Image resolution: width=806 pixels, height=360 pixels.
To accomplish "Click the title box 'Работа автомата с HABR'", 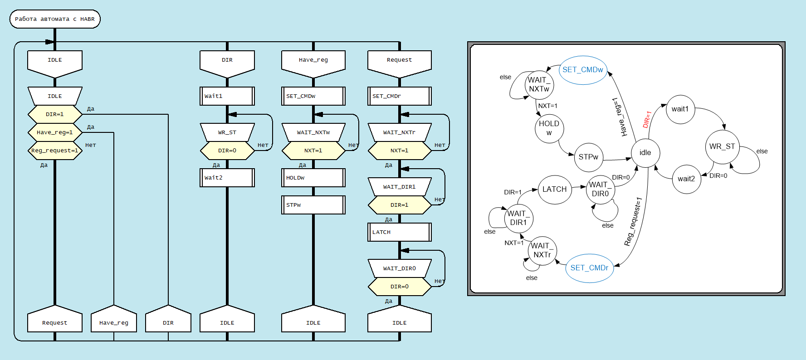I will tap(55, 19).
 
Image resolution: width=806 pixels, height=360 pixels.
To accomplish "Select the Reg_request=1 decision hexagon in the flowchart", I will tap(55, 151).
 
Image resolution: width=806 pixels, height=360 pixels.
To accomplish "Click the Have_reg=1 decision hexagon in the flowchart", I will tap(55, 132).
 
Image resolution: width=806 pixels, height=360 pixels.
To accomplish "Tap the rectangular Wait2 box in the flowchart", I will tap(227, 178).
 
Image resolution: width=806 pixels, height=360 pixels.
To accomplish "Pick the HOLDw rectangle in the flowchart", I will tap(313, 178).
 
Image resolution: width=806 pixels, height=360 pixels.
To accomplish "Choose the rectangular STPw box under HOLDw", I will tap(313, 205).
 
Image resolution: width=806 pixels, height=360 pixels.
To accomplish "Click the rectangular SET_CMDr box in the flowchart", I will tap(399, 96).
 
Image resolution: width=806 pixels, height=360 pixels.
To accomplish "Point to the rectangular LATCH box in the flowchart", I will tap(399, 232).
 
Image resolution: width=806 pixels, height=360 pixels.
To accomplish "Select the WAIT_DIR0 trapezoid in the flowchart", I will tap(399, 268).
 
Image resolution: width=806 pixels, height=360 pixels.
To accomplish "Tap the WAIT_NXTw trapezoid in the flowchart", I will tap(313, 132).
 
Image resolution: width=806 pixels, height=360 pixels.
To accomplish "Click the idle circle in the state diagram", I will tap(645, 153).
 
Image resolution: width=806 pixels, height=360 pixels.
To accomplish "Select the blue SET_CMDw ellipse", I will tap(583, 70).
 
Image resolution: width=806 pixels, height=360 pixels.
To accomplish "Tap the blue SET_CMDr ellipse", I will tap(589, 268).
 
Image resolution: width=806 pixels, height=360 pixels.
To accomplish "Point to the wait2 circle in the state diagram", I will tap(686, 179).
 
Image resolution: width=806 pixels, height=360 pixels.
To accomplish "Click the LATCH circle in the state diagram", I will tap(554, 190).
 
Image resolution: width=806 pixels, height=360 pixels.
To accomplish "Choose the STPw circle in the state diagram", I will tap(588, 157).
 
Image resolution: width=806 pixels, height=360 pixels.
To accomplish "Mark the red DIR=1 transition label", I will tap(647, 119).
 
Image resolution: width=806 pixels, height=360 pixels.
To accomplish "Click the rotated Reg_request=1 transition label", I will tap(634, 221).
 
